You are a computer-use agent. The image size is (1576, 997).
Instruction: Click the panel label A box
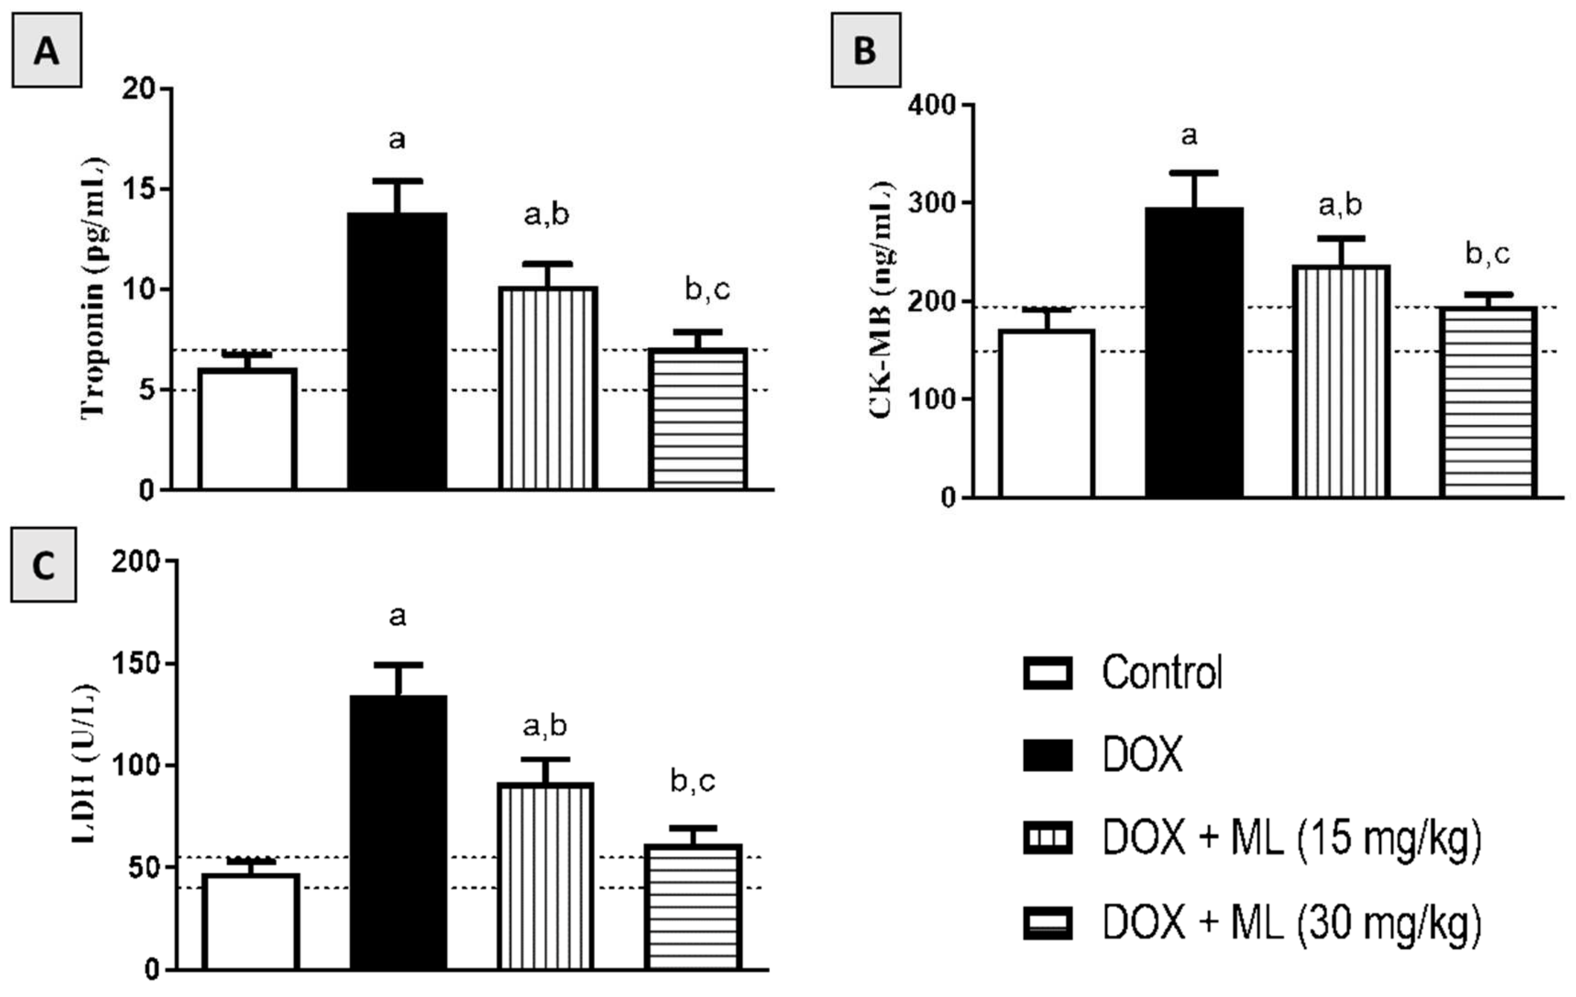pos(46,50)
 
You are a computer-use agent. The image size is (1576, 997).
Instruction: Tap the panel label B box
pos(865,50)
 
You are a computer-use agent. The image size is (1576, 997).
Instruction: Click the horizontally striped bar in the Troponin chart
pos(698,419)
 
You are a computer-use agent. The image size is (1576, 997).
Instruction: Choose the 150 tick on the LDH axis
pos(136,664)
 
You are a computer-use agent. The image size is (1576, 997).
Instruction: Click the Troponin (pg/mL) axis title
pos(94,288)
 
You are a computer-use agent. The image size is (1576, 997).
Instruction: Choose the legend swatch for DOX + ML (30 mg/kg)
pos(1047,923)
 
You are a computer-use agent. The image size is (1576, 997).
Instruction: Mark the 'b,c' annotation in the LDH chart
pos(692,781)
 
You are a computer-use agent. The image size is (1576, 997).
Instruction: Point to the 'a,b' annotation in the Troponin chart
pos(547,214)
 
